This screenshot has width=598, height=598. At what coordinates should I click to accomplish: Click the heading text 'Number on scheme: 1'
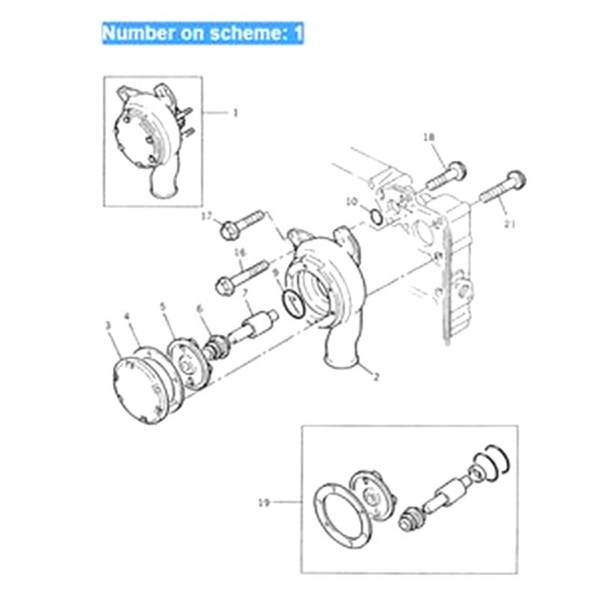coord(203,34)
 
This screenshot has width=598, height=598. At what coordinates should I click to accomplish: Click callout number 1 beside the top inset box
coord(235,113)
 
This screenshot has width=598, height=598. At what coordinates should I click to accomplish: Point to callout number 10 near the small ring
coord(351,201)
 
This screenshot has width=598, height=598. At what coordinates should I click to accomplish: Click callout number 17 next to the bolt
coord(207,215)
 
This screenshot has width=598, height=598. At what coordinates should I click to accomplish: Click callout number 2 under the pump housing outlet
coord(376,377)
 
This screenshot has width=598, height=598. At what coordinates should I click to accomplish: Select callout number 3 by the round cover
coord(108,325)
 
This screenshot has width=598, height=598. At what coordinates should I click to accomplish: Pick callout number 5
coord(163,306)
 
